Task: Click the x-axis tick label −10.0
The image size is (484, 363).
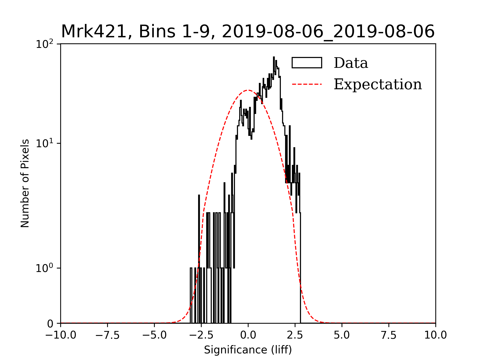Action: [61, 335]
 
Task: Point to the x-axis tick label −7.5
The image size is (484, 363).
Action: [108, 335]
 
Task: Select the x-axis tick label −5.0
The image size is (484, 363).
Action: [155, 335]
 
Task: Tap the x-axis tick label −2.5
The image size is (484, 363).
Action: [201, 335]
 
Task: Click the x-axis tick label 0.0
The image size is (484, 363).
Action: [248, 335]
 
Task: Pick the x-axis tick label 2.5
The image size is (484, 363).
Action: [295, 335]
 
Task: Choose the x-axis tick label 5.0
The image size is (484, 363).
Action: [342, 335]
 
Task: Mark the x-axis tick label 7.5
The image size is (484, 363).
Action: [389, 335]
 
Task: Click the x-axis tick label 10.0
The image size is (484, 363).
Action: [436, 335]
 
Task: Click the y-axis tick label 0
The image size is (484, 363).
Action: [50, 324]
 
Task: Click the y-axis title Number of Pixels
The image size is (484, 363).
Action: [25, 183]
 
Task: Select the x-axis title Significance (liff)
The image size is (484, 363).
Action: [248, 350]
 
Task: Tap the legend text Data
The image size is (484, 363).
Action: [351, 63]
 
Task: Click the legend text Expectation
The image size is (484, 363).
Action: [378, 84]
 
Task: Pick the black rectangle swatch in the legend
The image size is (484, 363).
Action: [307, 63]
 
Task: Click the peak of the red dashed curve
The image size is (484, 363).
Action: [248, 90]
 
